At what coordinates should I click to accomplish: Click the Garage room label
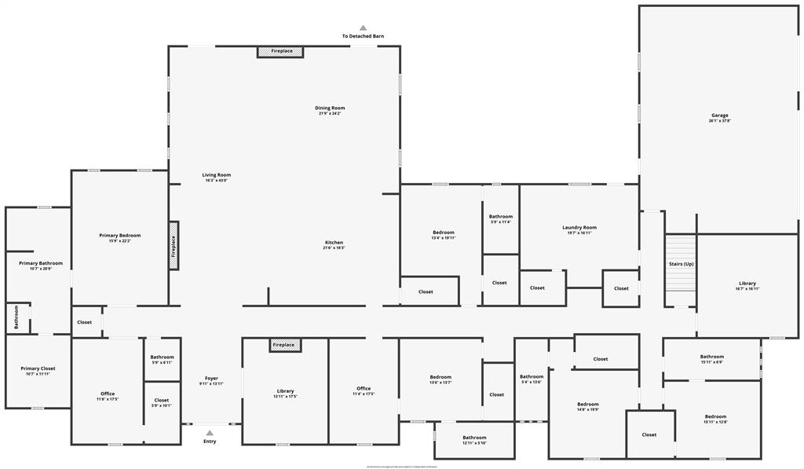(720, 115)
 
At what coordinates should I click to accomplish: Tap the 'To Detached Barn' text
(363, 36)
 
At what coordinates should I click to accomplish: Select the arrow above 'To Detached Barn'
(363, 27)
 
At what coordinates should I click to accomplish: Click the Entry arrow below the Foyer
(210, 432)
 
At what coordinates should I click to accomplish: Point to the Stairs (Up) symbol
(681, 263)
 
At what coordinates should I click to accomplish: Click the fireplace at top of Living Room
(281, 51)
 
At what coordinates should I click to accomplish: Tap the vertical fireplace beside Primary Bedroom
(174, 246)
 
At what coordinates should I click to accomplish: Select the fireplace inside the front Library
(285, 345)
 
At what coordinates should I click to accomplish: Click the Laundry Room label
(579, 227)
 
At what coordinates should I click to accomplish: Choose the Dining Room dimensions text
(330, 113)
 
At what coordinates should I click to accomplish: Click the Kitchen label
(334, 242)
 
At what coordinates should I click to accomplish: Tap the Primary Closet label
(38, 368)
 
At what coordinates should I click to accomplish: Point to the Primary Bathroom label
(41, 263)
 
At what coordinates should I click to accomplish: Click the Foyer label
(212, 378)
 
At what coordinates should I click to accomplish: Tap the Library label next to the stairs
(747, 283)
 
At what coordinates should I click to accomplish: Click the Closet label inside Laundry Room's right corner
(621, 288)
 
